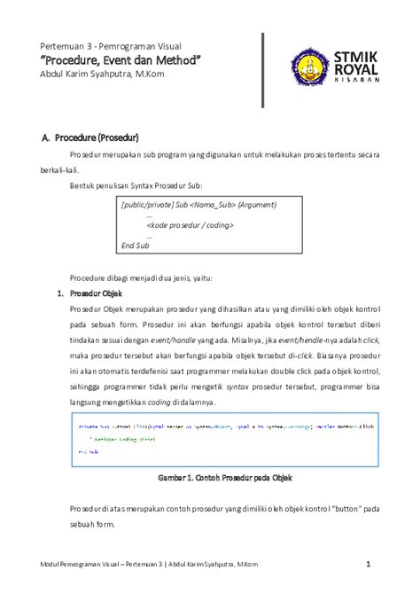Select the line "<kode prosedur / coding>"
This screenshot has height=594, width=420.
pos(190,225)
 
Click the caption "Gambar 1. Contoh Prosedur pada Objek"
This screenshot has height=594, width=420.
pos(225,477)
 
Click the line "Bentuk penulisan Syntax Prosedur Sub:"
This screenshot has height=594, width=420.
pos(136,186)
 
